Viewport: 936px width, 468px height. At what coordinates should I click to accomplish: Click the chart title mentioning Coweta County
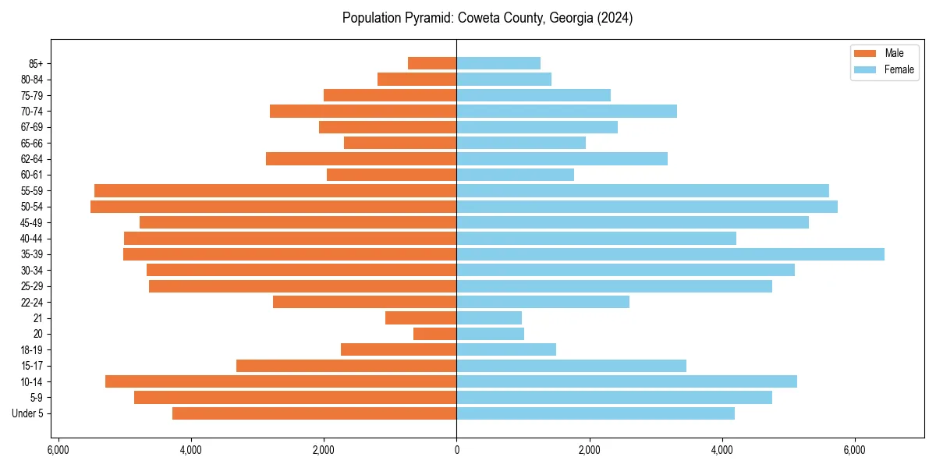point(487,18)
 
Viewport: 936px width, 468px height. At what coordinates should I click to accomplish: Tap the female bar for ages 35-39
point(670,254)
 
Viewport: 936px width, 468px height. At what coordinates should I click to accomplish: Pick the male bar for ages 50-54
point(273,207)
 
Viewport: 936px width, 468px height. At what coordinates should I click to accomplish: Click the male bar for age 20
point(434,334)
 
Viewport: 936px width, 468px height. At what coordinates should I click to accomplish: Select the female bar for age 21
point(489,318)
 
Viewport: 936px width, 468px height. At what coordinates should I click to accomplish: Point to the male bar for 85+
point(432,63)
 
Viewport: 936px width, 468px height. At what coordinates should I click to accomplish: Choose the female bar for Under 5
point(595,413)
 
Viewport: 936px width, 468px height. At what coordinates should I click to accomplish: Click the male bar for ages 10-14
point(281,381)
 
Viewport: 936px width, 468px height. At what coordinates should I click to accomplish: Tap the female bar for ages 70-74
point(566,112)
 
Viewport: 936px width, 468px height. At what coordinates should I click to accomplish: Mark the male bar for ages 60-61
point(392,175)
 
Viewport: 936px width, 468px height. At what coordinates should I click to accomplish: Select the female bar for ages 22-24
point(543,302)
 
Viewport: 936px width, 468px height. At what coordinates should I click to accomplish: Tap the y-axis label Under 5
point(27,413)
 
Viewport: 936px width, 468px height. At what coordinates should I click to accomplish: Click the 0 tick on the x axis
point(456,450)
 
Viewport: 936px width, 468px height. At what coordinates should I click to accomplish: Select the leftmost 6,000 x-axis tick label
point(58,450)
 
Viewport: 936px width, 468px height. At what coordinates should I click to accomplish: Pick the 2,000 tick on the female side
point(589,450)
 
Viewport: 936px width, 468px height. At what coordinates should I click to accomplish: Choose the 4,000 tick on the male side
point(191,450)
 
